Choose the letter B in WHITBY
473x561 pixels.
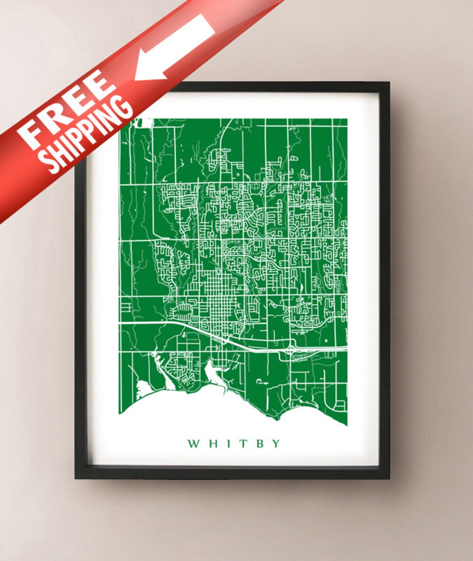coord(259,444)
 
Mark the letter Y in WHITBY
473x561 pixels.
coord(275,444)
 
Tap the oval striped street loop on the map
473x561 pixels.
coord(182,312)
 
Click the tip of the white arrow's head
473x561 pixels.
coord(136,79)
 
